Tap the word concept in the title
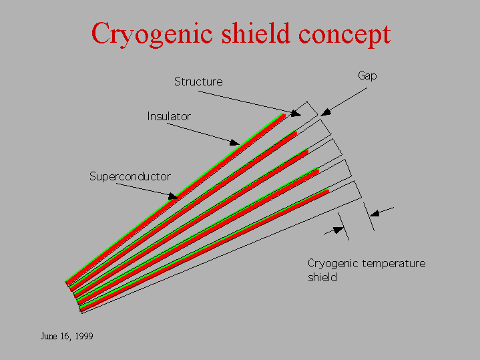point(344,35)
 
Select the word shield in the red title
point(255,33)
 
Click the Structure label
point(198,81)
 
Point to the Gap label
point(367,75)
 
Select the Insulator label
point(169,116)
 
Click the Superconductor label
point(130,176)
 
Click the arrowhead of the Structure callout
point(295,114)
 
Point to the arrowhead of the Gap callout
point(326,112)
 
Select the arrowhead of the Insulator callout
point(234,142)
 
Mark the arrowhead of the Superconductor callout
point(173,196)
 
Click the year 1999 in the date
point(84,337)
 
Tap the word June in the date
point(49,337)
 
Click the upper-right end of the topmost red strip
point(284,115)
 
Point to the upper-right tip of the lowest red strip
point(328,191)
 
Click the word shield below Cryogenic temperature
point(322,277)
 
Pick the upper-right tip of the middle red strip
point(307,152)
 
